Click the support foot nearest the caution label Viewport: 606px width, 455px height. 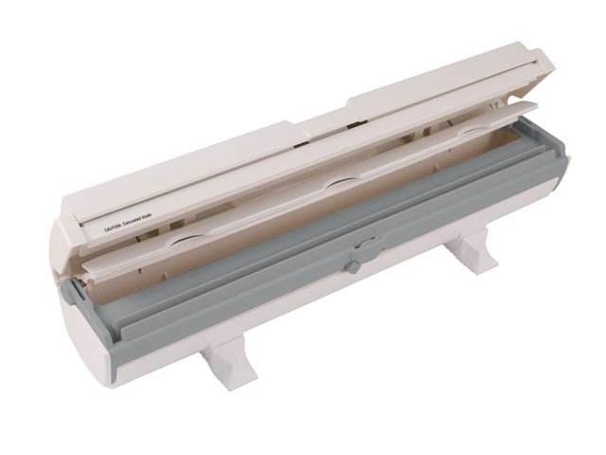(227, 361)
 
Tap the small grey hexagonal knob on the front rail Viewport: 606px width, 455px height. (352, 267)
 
